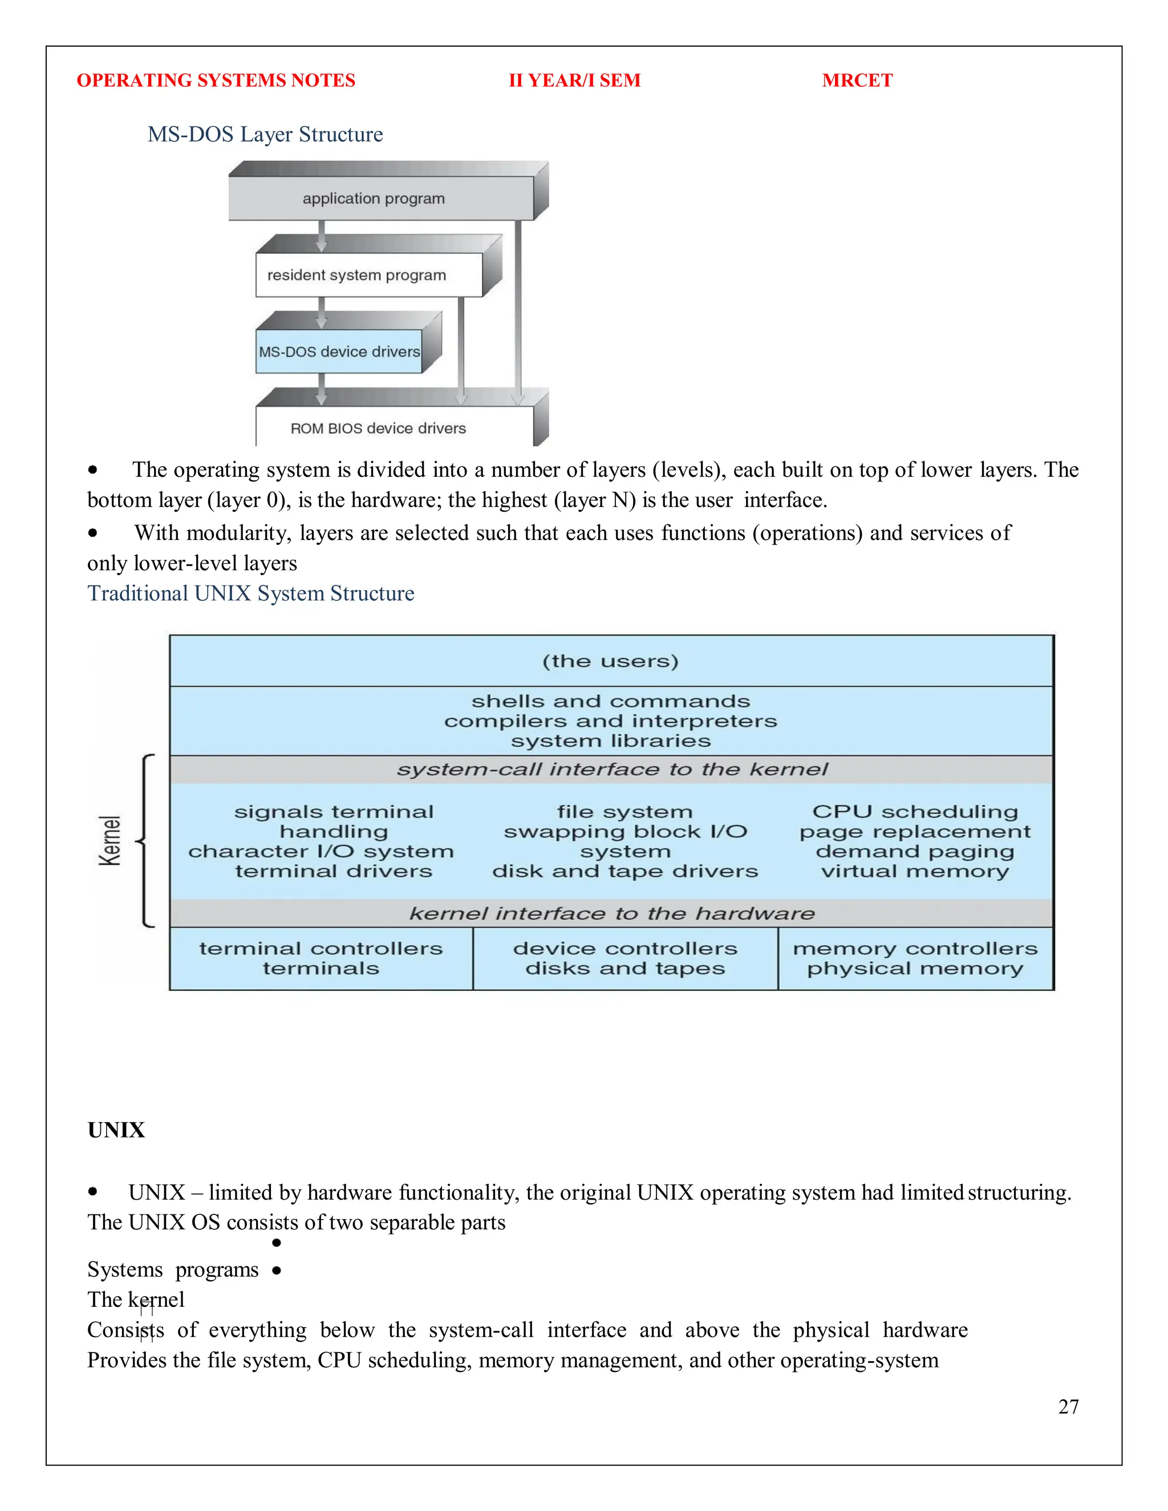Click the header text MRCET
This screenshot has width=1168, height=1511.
pos(857,80)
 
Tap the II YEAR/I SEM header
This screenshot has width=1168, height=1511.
pos(574,80)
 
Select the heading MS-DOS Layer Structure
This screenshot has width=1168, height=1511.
pos(265,134)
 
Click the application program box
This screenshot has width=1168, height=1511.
pos(374,198)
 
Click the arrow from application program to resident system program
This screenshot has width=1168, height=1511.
pos(321,236)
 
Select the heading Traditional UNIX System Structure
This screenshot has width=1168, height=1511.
pos(250,594)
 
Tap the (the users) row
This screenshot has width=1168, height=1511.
pos(610,661)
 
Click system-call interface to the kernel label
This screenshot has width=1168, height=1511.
pos(612,769)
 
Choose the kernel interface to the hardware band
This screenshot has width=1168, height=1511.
pos(612,913)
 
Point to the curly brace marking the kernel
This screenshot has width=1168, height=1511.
pos(146,840)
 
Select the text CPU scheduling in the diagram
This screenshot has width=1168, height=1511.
pos(915,811)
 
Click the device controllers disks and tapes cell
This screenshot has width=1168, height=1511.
pos(625,958)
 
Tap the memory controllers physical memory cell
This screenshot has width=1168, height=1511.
pos(915,958)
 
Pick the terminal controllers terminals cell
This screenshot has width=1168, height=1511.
pos(321,958)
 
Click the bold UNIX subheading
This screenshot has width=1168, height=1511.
pos(116,1130)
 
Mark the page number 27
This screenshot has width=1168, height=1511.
pos(1068,1407)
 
